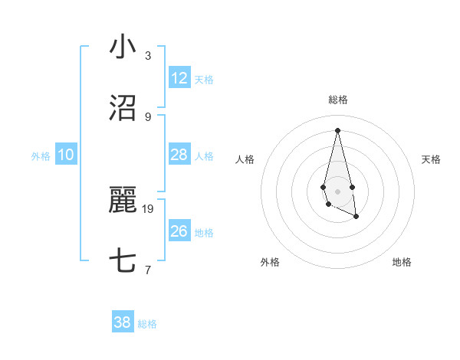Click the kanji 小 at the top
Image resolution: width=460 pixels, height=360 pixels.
[123, 47]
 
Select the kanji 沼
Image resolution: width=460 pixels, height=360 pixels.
[123, 108]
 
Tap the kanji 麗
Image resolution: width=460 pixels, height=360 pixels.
[123, 201]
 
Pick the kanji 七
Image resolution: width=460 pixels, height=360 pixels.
[123, 261]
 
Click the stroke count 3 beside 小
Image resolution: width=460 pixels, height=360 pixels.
[148, 55]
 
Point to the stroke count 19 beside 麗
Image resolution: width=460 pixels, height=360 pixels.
[149, 208]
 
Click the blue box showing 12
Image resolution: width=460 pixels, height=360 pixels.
[179, 78]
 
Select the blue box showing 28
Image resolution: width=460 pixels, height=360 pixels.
[179, 155]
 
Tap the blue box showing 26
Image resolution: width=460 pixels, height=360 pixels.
[179, 231]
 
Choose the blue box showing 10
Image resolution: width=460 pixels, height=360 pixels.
[66, 155]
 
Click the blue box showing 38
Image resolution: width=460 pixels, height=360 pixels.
[123, 322]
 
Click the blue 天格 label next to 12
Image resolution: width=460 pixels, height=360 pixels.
[204, 80]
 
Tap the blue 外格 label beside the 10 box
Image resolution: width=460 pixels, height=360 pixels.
[41, 156]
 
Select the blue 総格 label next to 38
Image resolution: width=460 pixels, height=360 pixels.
[147, 324]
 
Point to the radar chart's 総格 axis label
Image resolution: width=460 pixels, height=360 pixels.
[338, 100]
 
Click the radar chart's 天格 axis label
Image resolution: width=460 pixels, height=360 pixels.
[432, 159]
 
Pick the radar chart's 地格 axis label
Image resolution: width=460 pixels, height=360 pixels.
[402, 263]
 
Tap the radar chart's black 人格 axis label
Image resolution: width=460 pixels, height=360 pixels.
[245, 159]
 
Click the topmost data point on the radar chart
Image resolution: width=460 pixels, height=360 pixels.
[337, 129]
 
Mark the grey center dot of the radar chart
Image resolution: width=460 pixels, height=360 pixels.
[337, 191]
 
